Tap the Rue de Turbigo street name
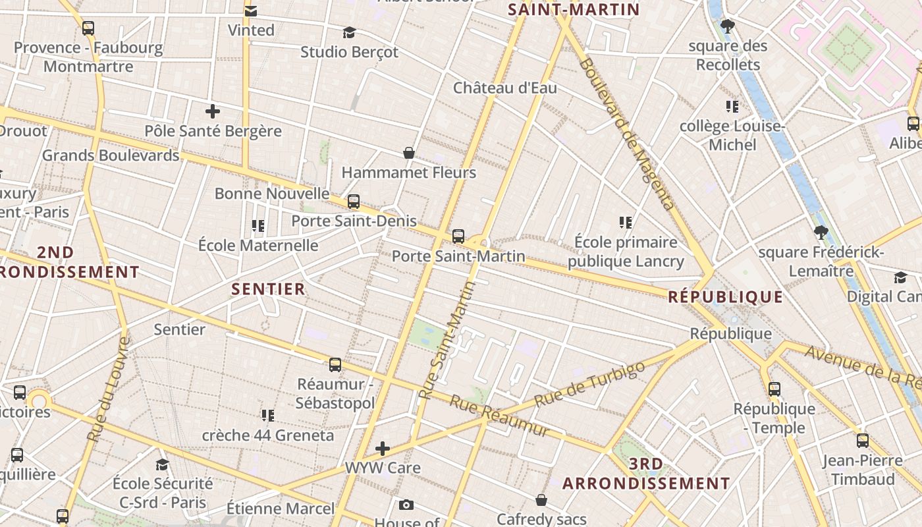589,383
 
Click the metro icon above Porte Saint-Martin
458,236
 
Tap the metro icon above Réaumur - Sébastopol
335,364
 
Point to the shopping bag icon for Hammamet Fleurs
409,153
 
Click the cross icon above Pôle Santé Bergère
213,111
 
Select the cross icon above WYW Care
382,449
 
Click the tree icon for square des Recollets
728,26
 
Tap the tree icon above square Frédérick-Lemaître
821,232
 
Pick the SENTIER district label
268,289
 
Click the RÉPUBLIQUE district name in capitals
726,296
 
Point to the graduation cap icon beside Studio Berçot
349,32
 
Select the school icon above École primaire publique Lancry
626,223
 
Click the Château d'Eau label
505,88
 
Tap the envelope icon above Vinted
251,11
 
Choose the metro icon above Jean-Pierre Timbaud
863,441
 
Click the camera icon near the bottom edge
406,505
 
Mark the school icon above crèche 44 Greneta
267,415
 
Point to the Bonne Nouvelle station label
272,193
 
